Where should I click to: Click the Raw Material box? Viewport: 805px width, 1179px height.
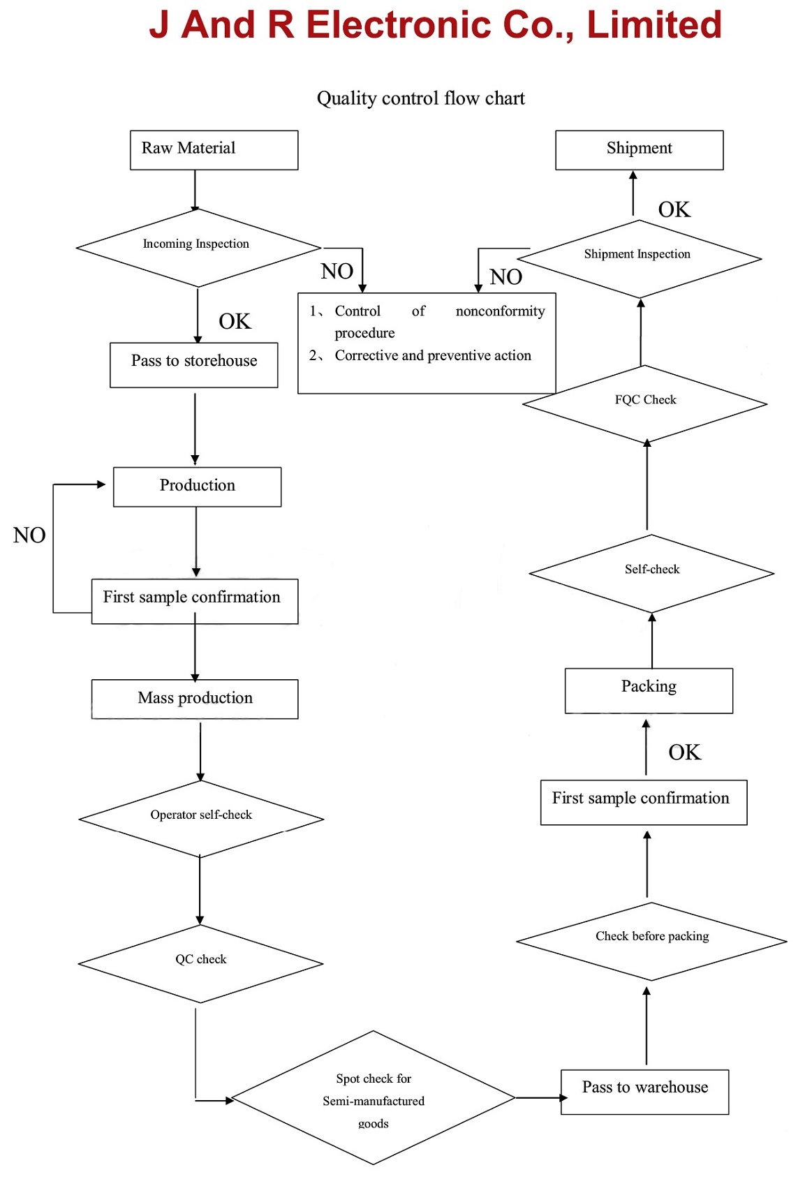[214, 150]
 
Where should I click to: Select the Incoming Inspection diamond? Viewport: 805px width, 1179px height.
[198, 248]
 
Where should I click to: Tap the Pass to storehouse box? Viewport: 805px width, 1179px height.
[194, 365]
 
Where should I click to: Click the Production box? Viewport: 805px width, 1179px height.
[197, 487]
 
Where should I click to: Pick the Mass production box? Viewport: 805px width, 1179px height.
[195, 699]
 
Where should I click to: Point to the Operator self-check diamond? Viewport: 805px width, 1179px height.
[200, 819]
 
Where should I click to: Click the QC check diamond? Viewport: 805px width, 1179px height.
[200, 964]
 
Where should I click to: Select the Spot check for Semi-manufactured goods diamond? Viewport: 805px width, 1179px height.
[374, 1097]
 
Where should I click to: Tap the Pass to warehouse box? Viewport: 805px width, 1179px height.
[644, 1092]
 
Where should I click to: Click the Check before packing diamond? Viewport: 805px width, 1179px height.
[651, 942]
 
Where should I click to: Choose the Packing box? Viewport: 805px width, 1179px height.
[649, 690]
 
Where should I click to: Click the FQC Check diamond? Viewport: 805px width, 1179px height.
[644, 404]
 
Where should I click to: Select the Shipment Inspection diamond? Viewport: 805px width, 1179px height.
[639, 259]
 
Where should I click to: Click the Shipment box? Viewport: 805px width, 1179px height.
[639, 150]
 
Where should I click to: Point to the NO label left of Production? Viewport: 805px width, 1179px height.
[29, 535]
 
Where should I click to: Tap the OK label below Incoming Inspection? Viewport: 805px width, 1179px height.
[235, 321]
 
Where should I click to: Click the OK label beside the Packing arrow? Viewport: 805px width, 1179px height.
[684, 752]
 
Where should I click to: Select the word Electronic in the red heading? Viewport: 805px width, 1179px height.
[399, 24]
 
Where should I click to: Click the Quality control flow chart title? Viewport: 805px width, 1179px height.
[421, 98]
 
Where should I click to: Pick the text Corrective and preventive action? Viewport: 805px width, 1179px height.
[433, 356]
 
